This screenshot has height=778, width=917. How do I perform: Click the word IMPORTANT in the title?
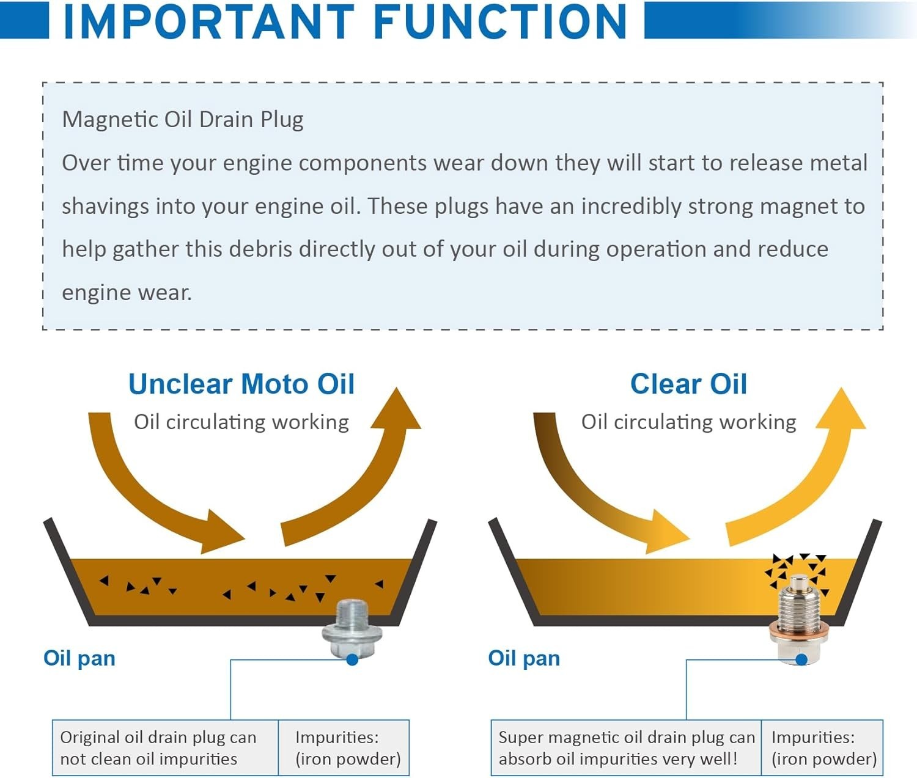click(x=210, y=21)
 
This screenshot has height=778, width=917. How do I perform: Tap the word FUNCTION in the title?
click(x=501, y=21)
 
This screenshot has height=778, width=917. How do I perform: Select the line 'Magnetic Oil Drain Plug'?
click(x=183, y=120)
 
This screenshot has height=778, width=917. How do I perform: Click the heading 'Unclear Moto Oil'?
click(x=241, y=384)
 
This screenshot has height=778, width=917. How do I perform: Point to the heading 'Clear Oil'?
click(x=688, y=384)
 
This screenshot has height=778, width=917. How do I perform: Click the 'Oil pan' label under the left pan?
click(x=79, y=658)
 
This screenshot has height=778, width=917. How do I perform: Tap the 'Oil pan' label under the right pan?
click(x=524, y=658)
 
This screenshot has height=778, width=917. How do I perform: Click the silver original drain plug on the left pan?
click(x=352, y=629)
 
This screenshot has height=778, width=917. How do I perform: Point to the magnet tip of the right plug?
click(x=800, y=582)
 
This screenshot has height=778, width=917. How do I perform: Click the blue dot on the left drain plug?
click(x=352, y=659)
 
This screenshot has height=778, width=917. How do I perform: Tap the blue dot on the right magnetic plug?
click(x=801, y=659)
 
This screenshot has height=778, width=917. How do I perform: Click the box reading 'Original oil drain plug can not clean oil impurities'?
click(x=166, y=748)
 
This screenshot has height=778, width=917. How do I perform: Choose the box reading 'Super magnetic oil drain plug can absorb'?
click(x=626, y=748)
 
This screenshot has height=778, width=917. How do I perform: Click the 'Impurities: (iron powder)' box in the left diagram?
click(x=344, y=748)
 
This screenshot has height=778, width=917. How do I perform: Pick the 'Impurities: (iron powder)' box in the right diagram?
click(x=822, y=748)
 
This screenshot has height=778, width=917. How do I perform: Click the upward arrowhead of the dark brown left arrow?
click(x=396, y=410)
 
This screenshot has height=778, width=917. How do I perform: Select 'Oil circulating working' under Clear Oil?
click(x=688, y=422)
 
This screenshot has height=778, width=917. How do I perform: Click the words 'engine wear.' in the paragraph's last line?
click(x=127, y=293)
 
